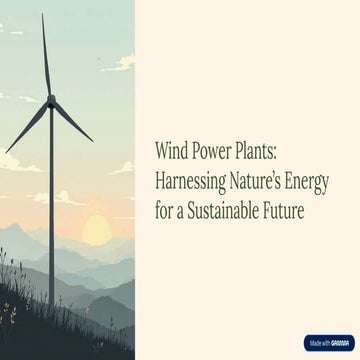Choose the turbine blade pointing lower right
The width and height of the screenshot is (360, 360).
pyautogui.click(x=72, y=120)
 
